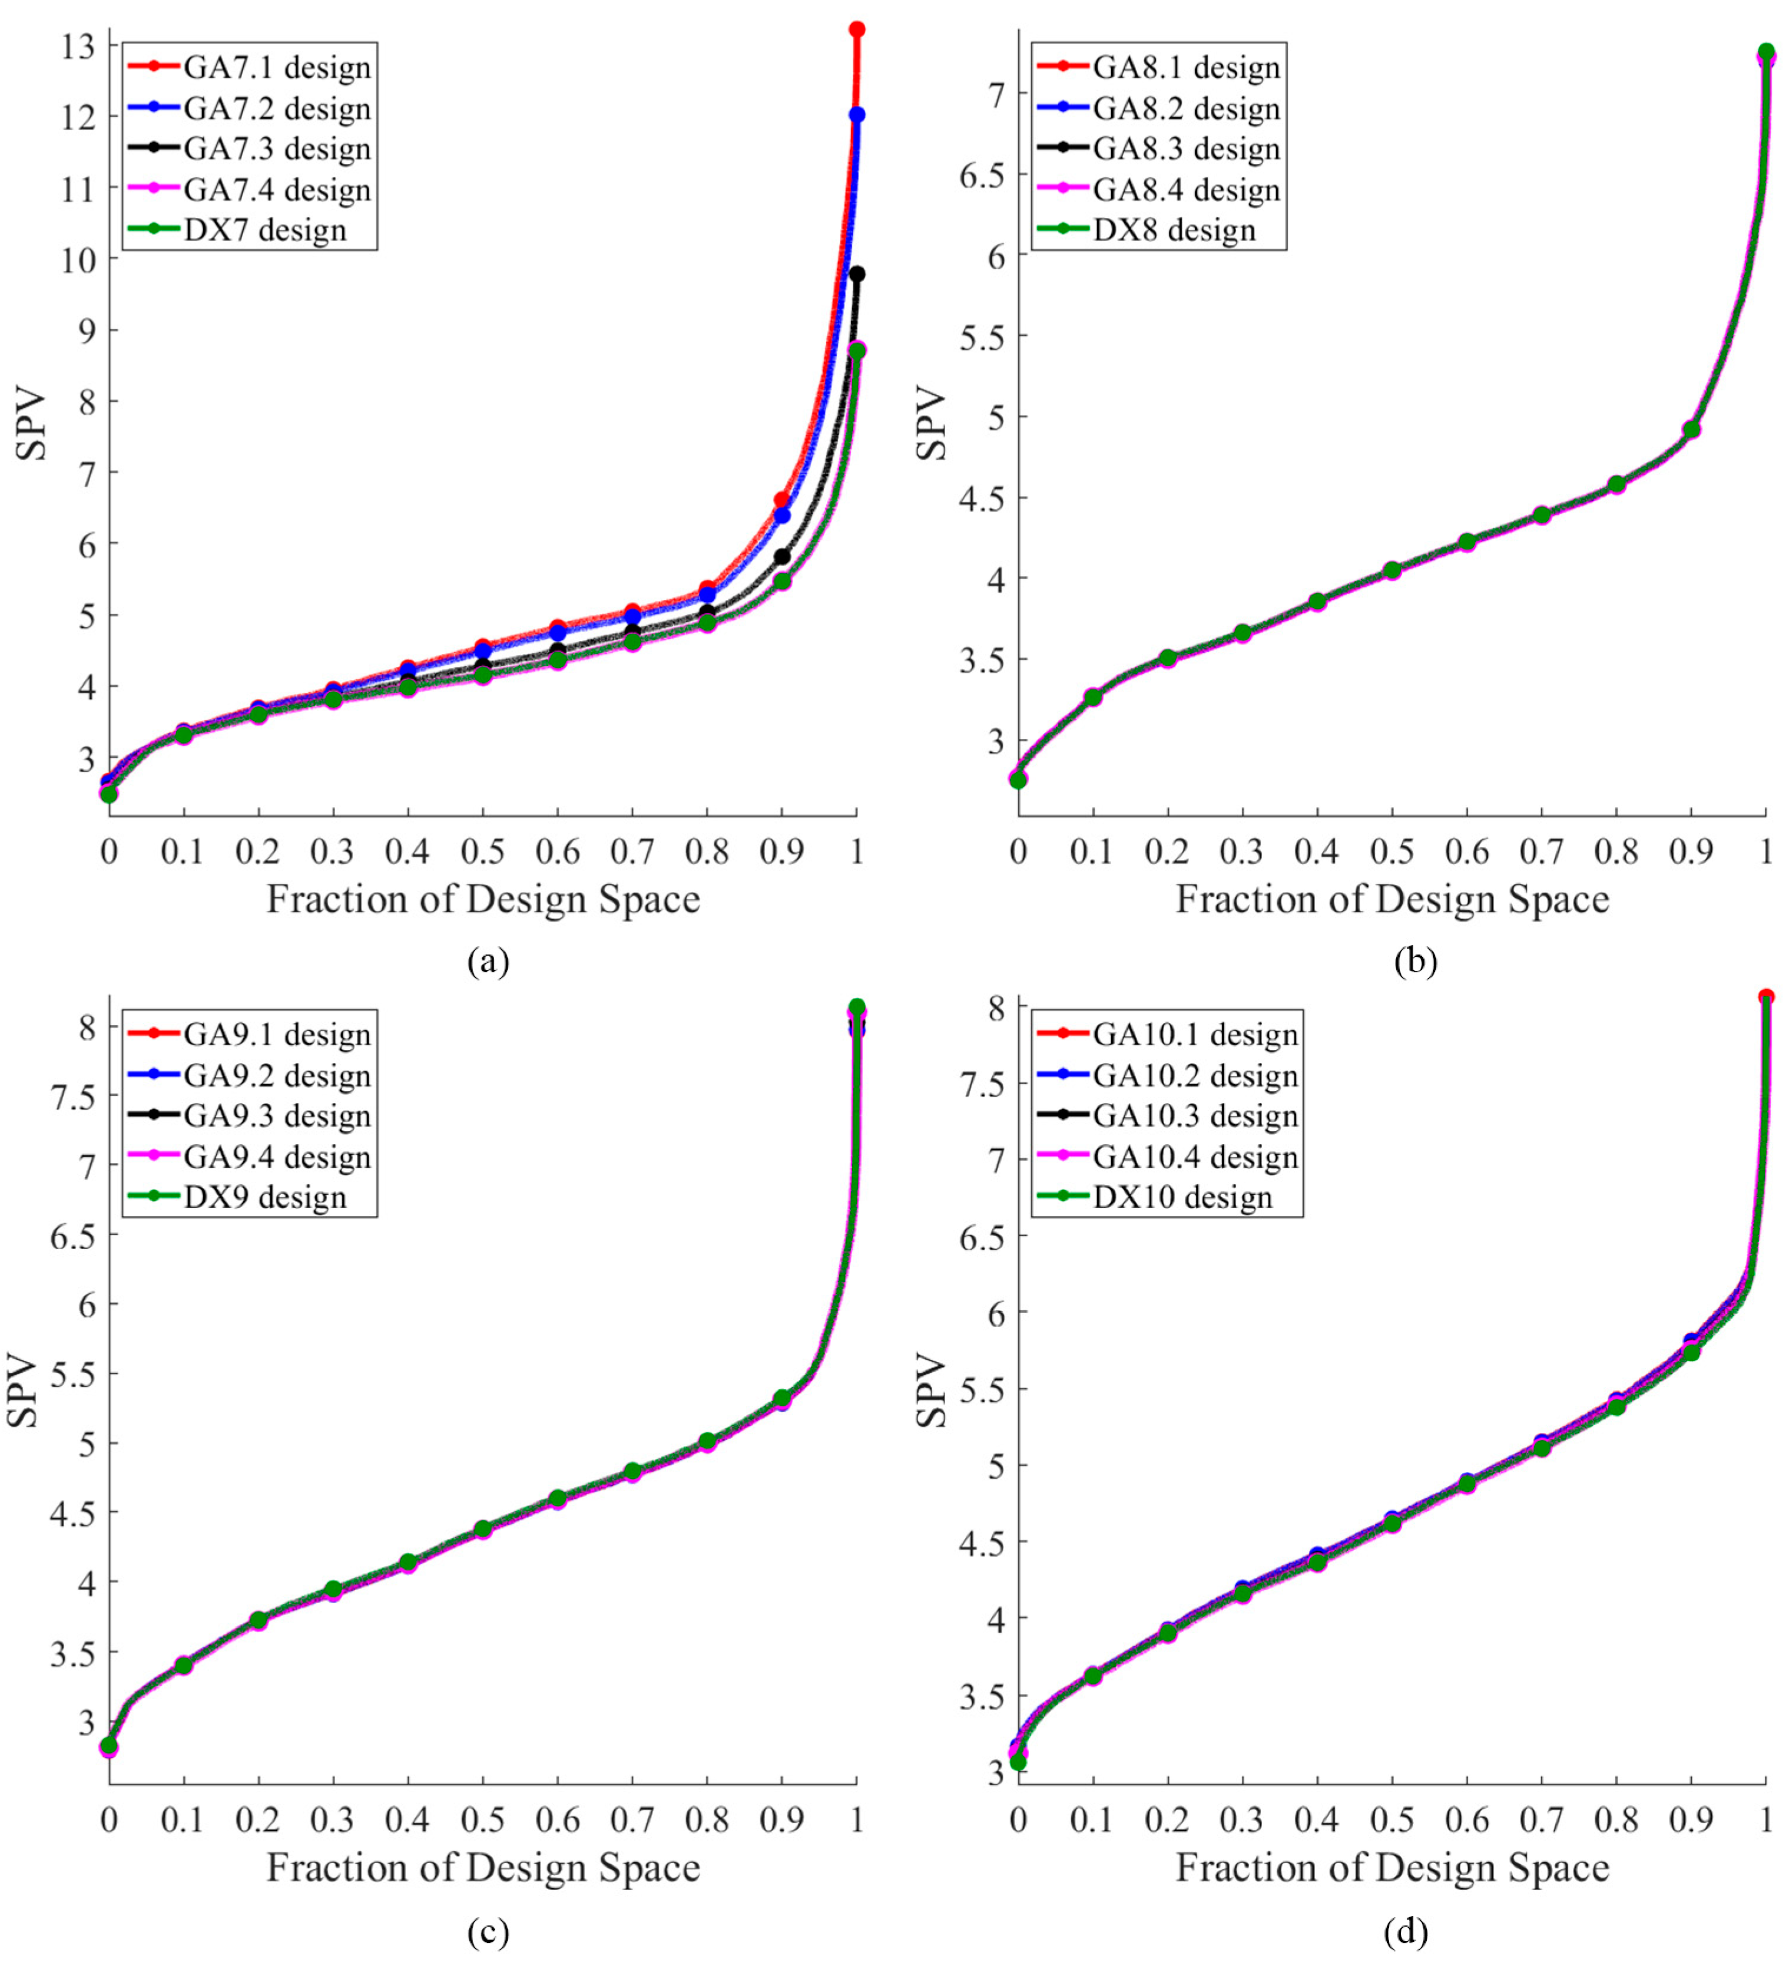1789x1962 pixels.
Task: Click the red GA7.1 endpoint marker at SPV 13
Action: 856,29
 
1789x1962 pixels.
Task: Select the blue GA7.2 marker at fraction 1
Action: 856,115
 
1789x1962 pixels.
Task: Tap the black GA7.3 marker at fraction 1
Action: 856,275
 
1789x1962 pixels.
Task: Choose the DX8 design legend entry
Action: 1173,230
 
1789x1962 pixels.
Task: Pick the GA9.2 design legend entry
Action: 276,1075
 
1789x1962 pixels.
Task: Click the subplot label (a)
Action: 488,962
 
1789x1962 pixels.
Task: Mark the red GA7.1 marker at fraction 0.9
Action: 781,500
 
